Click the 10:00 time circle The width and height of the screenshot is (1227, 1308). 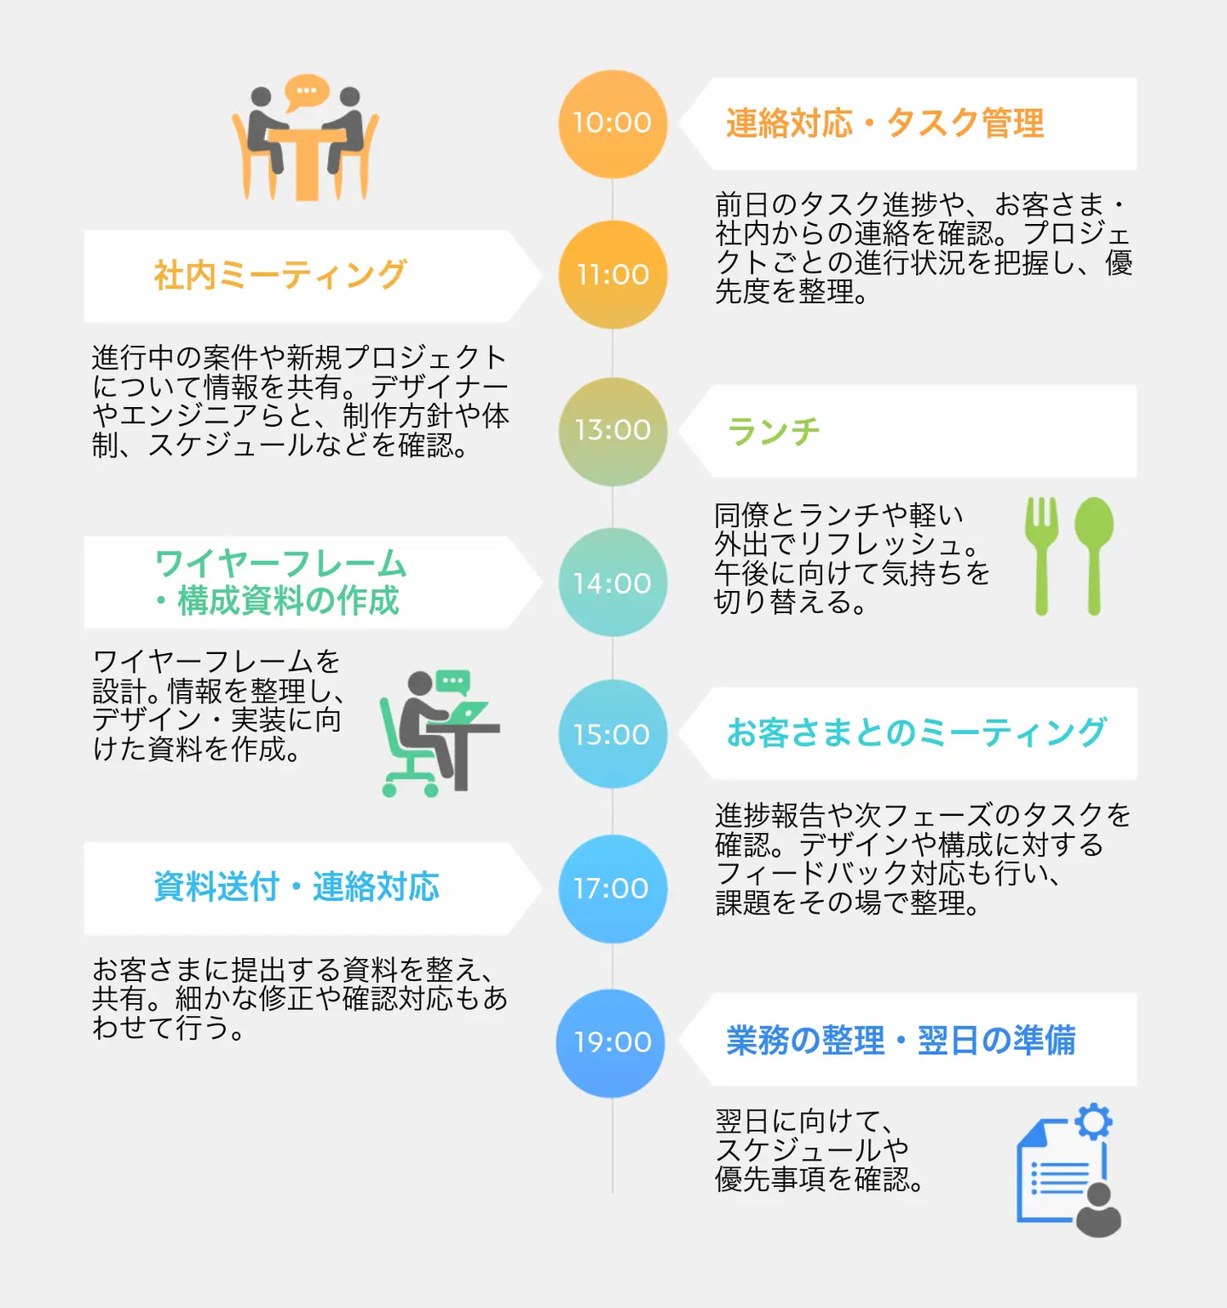(612, 123)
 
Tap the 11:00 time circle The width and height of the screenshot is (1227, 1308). (612, 274)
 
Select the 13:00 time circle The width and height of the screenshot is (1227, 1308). (612, 431)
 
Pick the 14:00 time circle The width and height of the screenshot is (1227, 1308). (612, 582)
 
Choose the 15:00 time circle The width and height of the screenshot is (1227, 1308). (612, 734)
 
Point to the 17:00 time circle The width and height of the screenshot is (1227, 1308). (612, 888)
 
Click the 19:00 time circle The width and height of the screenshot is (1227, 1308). (611, 1042)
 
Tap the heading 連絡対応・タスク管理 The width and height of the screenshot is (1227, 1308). (884, 123)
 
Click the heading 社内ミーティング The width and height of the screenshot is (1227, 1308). (279, 275)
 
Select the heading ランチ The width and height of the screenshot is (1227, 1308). (774, 431)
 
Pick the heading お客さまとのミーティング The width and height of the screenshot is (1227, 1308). (916, 733)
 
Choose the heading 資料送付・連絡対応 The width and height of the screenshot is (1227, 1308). (296, 887)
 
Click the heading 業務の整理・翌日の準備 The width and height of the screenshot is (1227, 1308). (901, 1041)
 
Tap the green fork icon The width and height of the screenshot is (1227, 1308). (1041, 554)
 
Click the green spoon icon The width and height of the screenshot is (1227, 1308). (1094, 554)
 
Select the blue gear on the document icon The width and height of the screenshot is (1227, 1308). (1093, 1122)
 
